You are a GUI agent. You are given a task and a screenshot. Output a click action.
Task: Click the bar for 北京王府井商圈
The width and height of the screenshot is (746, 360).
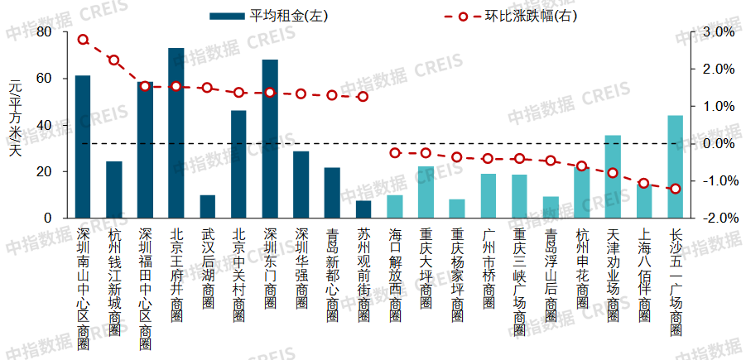click(176, 133)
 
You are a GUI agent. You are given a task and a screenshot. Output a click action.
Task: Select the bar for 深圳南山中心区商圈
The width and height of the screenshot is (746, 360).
click(83, 146)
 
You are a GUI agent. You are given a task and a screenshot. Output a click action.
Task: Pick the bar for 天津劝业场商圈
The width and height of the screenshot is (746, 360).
click(613, 176)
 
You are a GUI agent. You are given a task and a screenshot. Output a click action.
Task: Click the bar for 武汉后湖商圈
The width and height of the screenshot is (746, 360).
click(207, 206)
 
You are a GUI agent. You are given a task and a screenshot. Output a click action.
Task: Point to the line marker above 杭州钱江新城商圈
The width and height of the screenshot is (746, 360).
click(114, 60)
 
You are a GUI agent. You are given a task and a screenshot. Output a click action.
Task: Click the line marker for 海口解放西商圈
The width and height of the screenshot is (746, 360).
click(395, 153)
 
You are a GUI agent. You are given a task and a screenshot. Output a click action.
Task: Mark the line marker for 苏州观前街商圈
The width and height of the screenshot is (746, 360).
click(363, 97)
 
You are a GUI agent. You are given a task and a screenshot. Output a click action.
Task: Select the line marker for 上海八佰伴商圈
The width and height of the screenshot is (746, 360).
click(643, 183)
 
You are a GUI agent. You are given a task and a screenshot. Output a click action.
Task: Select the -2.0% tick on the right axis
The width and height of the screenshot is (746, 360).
click(717, 218)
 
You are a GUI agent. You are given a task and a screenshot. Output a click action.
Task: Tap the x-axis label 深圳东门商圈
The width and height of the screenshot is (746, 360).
click(270, 265)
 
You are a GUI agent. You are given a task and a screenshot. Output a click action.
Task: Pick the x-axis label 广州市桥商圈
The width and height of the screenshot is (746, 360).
click(489, 265)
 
